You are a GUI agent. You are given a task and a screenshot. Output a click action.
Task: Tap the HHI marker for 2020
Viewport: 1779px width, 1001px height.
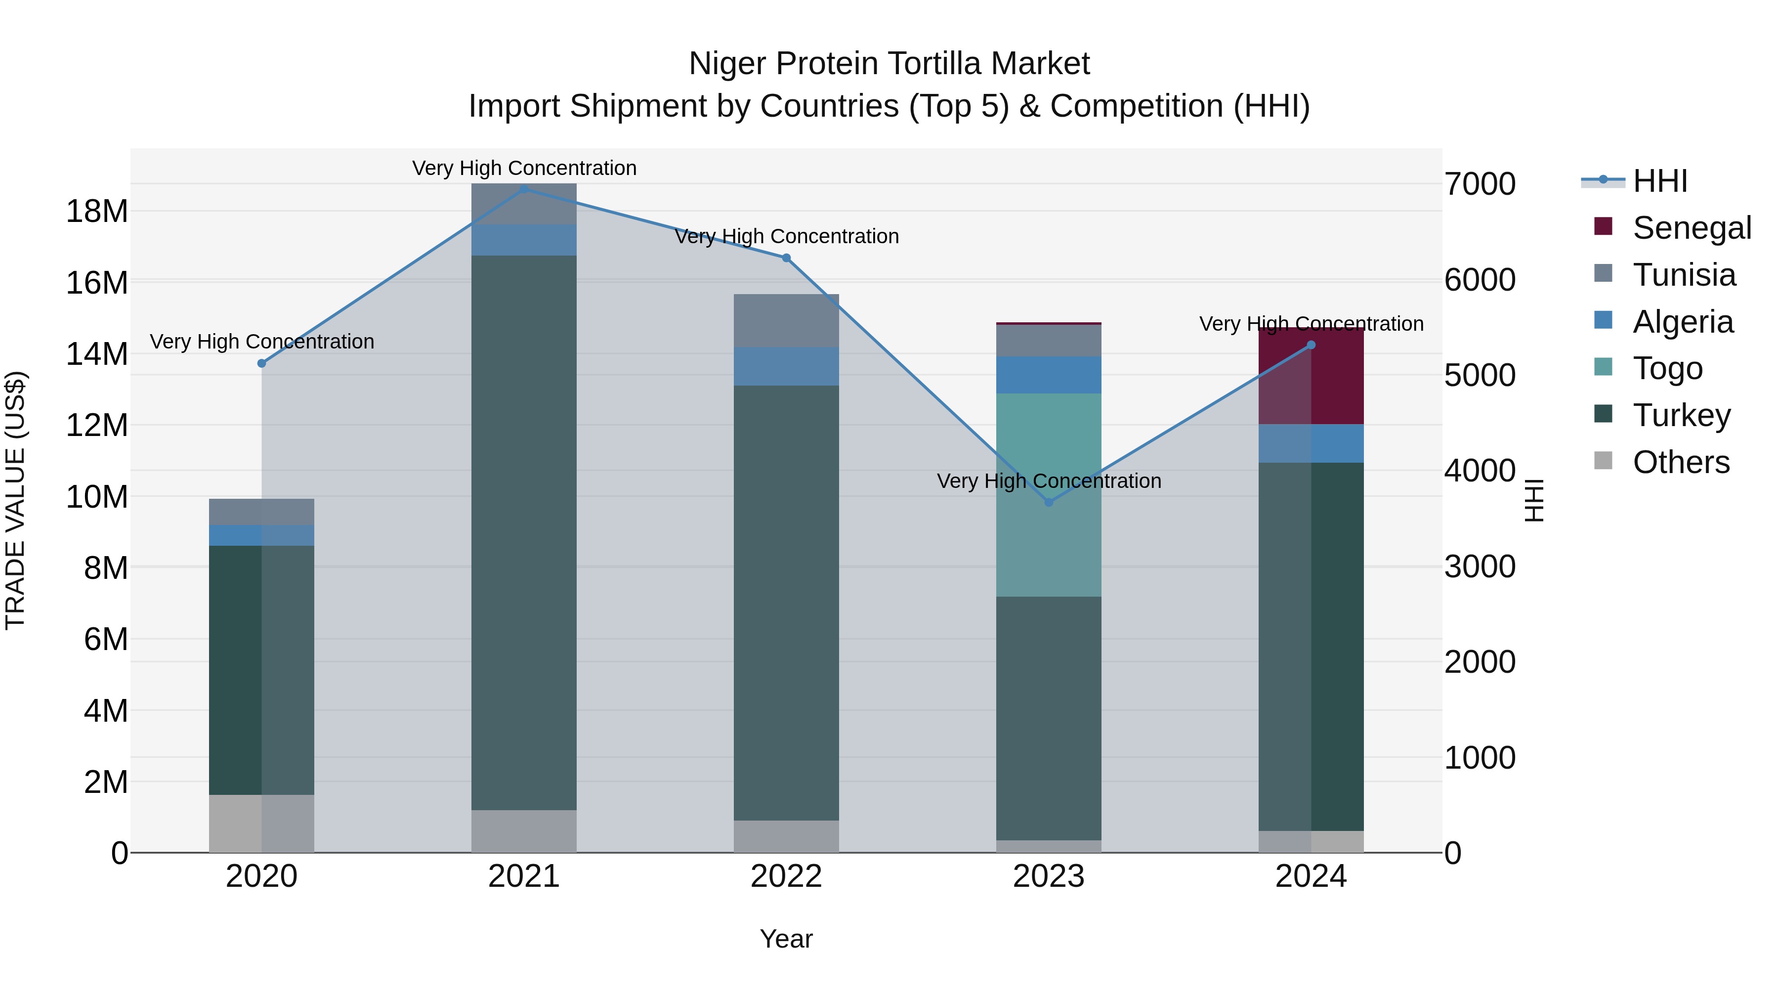[262, 363]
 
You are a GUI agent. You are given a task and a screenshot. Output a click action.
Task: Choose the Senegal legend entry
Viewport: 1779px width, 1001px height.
[1692, 227]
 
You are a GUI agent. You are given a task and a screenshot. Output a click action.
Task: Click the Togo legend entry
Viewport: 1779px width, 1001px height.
[1667, 368]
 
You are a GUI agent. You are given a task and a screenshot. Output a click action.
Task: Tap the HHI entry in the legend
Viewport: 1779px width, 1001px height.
[1659, 181]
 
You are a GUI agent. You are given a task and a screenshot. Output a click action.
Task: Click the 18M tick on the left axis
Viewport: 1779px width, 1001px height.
[97, 211]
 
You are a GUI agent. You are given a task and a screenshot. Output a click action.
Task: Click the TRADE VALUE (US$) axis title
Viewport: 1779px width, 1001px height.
[15, 500]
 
